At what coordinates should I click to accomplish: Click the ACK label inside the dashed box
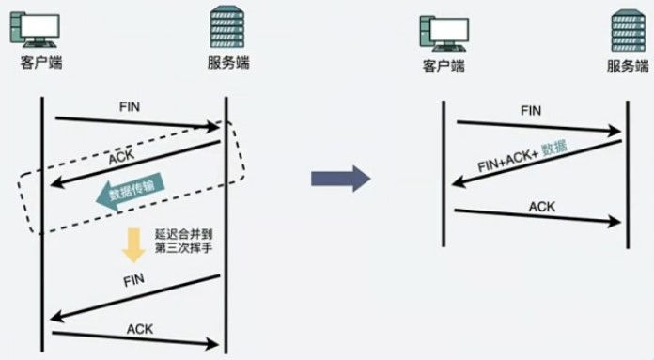click(x=121, y=159)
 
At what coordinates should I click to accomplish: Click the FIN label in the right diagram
click(x=531, y=111)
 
